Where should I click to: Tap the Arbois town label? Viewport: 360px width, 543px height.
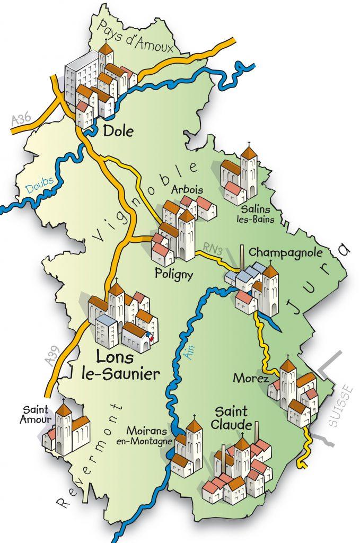tap(188, 190)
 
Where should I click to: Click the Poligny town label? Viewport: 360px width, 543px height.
tap(172, 273)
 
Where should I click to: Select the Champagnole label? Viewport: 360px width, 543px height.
tap(275, 251)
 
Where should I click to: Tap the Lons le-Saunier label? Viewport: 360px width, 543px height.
tap(120, 366)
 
